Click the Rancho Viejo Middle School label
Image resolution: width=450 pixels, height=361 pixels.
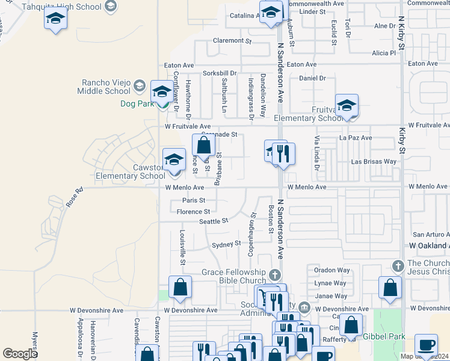point(103,87)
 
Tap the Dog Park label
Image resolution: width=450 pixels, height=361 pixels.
point(134,103)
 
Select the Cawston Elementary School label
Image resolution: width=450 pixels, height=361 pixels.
point(130,171)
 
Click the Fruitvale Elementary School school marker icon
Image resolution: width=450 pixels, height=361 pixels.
point(347,106)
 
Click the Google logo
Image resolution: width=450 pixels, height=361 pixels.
point(20,354)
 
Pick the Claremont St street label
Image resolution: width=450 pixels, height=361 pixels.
point(232,41)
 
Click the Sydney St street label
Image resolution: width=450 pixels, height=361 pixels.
point(226,244)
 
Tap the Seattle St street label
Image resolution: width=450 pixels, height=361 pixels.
point(214,221)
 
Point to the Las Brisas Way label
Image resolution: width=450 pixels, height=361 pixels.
point(374,162)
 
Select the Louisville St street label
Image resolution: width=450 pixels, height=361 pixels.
point(182,245)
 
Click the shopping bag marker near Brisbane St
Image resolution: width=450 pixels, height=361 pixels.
point(204,145)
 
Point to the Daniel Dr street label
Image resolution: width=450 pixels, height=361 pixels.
point(312,78)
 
